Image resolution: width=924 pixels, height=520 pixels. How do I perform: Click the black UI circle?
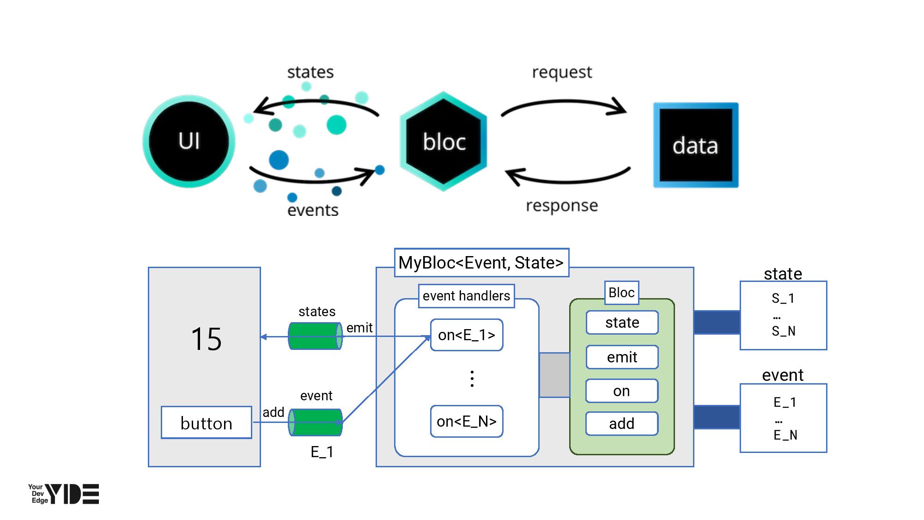click(x=189, y=141)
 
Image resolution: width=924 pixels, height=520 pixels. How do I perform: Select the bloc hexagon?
click(x=444, y=141)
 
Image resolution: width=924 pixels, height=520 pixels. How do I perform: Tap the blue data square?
click(x=695, y=145)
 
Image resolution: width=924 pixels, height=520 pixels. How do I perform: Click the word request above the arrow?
click(x=562, y=72)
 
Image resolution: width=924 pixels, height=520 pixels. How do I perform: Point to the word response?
click(x=562, y=205)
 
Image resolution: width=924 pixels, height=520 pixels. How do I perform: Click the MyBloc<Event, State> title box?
click(x=481, y=263)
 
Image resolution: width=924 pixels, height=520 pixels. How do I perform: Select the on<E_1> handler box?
click(x=467, y=335)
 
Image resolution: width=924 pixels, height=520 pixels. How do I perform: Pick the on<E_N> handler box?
click(x=467, y=421)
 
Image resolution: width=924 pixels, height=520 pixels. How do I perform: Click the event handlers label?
click(x=466, y=296)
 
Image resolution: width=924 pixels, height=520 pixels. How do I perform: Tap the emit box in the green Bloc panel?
click(x=622, y=357)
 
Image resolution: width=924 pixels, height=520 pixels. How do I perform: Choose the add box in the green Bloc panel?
click(x=621, y=423)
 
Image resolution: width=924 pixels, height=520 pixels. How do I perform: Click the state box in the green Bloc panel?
click(x=622, y=322)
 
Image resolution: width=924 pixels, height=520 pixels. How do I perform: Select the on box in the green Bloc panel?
click(x=621, y=391)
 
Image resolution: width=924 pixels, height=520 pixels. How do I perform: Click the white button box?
click(x=207, y=423)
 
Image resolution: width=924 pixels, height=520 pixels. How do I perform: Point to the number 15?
click(x=206, y=339)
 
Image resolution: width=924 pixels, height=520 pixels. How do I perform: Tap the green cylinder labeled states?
click(x=315, y=336)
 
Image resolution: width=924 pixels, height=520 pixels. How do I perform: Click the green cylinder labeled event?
click(x=315, y=422)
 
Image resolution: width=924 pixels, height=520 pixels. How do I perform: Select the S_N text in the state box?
click(x=784, y=331)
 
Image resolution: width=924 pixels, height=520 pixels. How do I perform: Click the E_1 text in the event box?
click(x=785, y=402)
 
